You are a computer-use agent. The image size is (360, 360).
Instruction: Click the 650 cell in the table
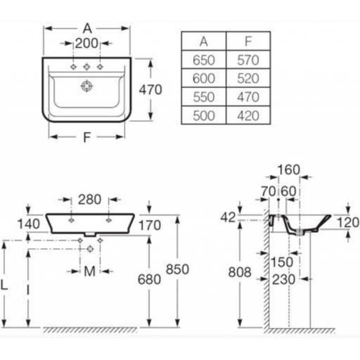pyautogui.click(x=204, y=60)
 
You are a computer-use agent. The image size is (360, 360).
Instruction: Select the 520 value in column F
pyautogui.click(x=248, y=79)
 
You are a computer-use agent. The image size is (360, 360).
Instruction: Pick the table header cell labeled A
pyautogui.click(x=204, y=41)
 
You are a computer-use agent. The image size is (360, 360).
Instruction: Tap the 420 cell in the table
pyautogui.click(x=248, y=116)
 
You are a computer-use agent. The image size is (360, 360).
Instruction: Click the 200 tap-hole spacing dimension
pyautogui.click(x=86, y=44)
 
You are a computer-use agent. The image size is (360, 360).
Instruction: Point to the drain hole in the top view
pyautogui.click(x=86, y=86)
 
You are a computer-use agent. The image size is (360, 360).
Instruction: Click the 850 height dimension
pyautogui.click(x=177, y=269)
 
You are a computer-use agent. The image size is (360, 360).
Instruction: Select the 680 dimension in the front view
pyautogui.click(x=149, y=279)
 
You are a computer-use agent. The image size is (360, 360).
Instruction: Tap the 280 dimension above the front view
pyautogui.click(x=89, y=200)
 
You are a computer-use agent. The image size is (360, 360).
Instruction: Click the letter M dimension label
pyautogui.click(x=89, y=271)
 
